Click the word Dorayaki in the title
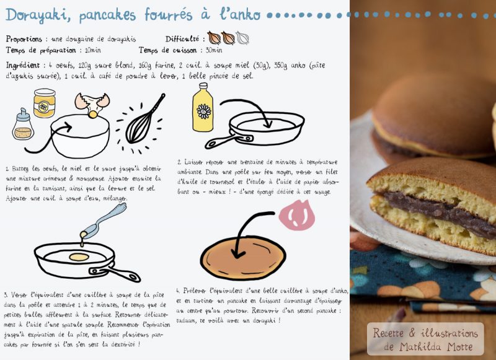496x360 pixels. pos(38,15)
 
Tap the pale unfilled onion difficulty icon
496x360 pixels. pos(242,38)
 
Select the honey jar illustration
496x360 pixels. pos(45,103)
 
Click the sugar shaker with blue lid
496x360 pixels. pos(23,125)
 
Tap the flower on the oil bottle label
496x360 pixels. pos(204,112)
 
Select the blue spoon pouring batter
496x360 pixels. pos(105,219)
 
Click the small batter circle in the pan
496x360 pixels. pos(79,257)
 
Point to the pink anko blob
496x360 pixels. pos(297,215)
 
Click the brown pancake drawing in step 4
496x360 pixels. pos(243,258)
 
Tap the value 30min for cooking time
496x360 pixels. pos(214,50)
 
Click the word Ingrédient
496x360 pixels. pos(23,66)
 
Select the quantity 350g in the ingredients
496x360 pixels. pos(281,65)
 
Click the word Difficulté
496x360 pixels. pos(182,39)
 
